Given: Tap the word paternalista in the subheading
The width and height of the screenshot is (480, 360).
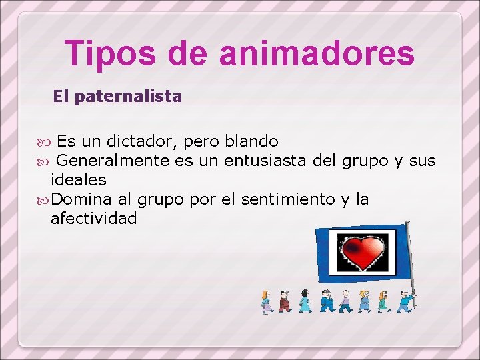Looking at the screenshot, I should (x=128, y=97).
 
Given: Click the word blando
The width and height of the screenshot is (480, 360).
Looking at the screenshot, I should (x=252, y=141).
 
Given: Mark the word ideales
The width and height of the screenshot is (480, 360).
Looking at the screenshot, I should (x=79, y=180).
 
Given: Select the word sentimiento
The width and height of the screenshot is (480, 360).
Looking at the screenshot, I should (x=288, y=199).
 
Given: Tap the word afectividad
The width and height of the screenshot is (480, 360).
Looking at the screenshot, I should (x=94, y=219).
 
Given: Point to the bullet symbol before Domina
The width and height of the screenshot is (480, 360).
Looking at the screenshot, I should (x=45, y=200).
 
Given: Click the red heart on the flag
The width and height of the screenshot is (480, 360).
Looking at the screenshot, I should (x=362, y=251).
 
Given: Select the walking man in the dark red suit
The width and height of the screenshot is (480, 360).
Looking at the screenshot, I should (x=285, y=301).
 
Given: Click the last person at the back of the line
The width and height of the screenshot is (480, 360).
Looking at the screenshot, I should (x=266, y=302).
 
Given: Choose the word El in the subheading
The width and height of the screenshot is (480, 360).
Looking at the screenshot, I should (x=61, y=97).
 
